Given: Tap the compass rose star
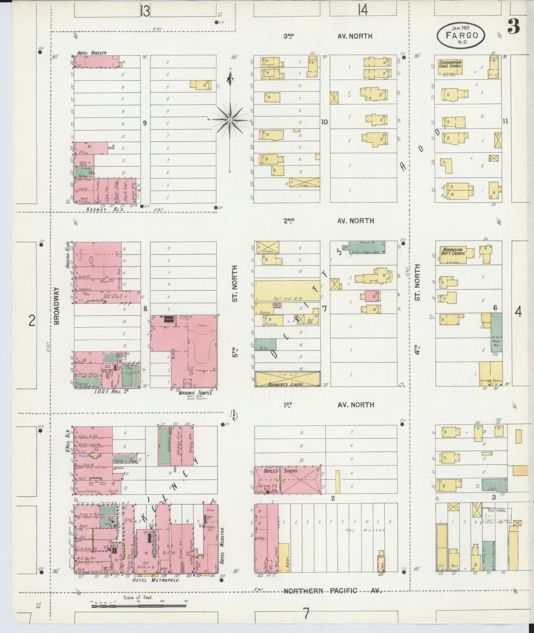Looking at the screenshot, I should pyautogui.click(x=229, y=120).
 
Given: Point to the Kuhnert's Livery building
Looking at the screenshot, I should pyautogui.click(x=288, y=379).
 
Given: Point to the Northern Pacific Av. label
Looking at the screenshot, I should pyautogui.click(x=332, y=590).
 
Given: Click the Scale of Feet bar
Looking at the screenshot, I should pyautogui.click(x=139, y=606).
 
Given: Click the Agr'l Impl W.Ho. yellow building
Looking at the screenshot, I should pyautogui.click(x=287, y=291).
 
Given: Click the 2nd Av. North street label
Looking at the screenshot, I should pyautogui.click(x=329, y=221).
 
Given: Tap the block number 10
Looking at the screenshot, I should pyautogui.click(x=324, y=122).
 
